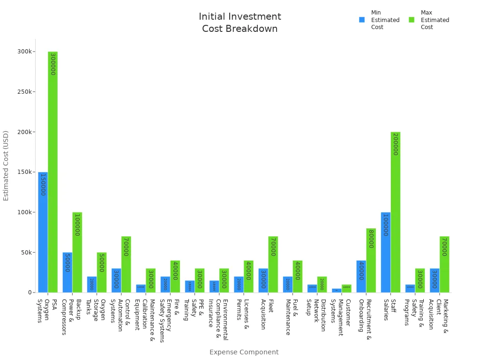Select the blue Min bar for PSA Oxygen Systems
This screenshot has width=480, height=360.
[43, 232]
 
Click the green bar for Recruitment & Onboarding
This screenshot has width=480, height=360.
[371, 260]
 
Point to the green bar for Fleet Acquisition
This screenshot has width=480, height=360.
[273, 264]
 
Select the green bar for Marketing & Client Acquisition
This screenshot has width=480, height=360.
[444, 264]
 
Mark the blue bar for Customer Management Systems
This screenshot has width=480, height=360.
[337, 291]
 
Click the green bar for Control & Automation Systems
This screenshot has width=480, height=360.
[126, 264]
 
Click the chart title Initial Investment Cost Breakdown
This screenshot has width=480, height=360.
[240, 22]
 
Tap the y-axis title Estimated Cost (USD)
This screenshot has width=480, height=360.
[6, 165]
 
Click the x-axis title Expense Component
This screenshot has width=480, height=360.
[244, 352]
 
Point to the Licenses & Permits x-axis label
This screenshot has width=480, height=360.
[243, 314]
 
